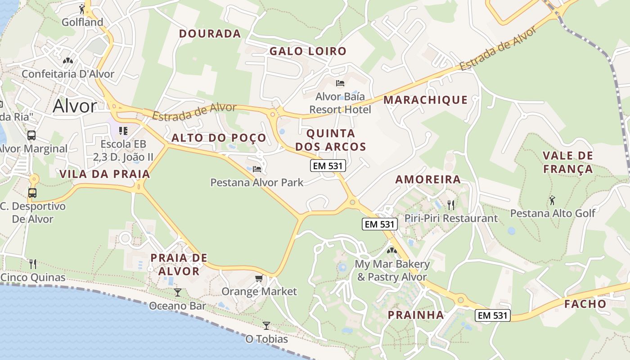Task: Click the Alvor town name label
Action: tap(75, 106)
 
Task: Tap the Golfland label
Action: tap(82, 22)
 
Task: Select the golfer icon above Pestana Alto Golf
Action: tap(552, 200)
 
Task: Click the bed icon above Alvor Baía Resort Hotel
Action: tap(340, 83)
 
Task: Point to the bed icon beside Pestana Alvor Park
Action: tap(257, 169)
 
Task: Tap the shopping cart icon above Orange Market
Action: tap(259, 279)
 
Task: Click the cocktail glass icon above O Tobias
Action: tap(266, 325)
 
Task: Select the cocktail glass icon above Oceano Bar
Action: tap(178, 292)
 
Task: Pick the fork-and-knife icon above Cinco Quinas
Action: tap(32, 264)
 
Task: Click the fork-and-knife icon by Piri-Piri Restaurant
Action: tap(451, 205)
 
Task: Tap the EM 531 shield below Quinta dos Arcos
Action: tap(328, 166)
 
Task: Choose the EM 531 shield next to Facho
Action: tap(493, 315)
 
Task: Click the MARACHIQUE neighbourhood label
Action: tap(425, 100)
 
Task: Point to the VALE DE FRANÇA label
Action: tap(567, 162)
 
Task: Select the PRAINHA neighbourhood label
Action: tap(416, 315)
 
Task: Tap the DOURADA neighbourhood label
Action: tap(210, 34)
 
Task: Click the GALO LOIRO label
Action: tap(308, 51)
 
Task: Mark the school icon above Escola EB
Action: tap(123, 131)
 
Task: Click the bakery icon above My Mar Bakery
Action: tap(392, 250)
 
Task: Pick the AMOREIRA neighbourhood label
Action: tap(428, 180)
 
